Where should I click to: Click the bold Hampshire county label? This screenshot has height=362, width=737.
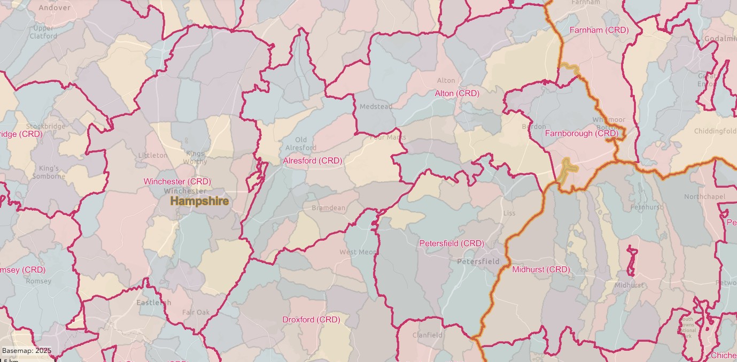point(199,201)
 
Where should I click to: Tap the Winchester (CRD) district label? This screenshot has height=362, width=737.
point(177,182)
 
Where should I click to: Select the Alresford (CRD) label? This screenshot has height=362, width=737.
point(313,160)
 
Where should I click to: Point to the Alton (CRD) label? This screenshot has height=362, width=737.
point(457,93)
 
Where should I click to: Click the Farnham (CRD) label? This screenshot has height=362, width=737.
point(599,30)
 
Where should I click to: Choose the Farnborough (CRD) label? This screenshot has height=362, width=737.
point(581,133)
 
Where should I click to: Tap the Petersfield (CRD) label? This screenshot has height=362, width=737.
point(452,243)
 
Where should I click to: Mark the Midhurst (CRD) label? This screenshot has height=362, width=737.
point(541,269)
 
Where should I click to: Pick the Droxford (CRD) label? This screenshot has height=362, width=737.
point(311,320)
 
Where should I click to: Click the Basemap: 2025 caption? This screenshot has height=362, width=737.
point(27,351)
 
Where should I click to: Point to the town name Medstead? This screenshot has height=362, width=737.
point(376,106)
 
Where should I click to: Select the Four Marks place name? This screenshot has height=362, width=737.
point(388,137)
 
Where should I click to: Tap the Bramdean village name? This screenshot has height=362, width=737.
point(329,207)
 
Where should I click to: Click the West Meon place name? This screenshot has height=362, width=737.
point(358,252)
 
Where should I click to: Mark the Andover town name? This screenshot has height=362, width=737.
point(55,8)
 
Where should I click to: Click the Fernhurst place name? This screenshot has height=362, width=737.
point(647,207)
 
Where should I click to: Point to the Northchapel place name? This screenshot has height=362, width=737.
point(705,197)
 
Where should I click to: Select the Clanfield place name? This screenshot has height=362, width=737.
point(428,335)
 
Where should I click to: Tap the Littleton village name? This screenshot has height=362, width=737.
point(153,155)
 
